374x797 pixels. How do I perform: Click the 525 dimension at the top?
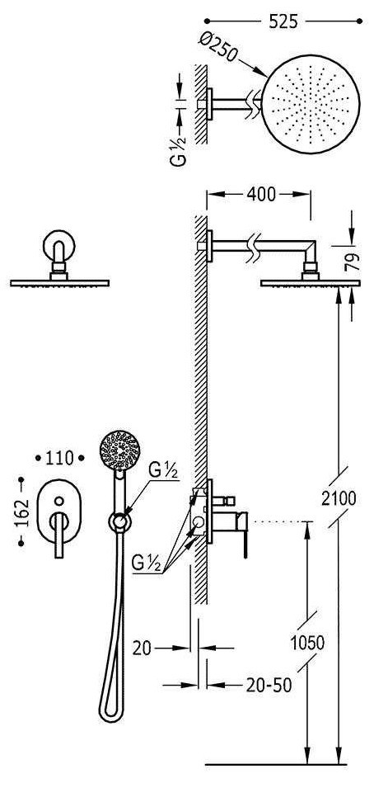pos(283,21)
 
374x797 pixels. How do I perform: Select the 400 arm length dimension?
pos(261,194)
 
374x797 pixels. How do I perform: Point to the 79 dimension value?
pos(353,262)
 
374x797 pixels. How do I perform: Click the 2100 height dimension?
pos(339,498)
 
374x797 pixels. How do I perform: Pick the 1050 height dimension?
pos(307,643)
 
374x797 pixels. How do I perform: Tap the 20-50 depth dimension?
pos(269,685)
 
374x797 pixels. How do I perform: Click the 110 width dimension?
pos(59,459)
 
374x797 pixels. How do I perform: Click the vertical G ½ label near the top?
pos(179,151)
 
